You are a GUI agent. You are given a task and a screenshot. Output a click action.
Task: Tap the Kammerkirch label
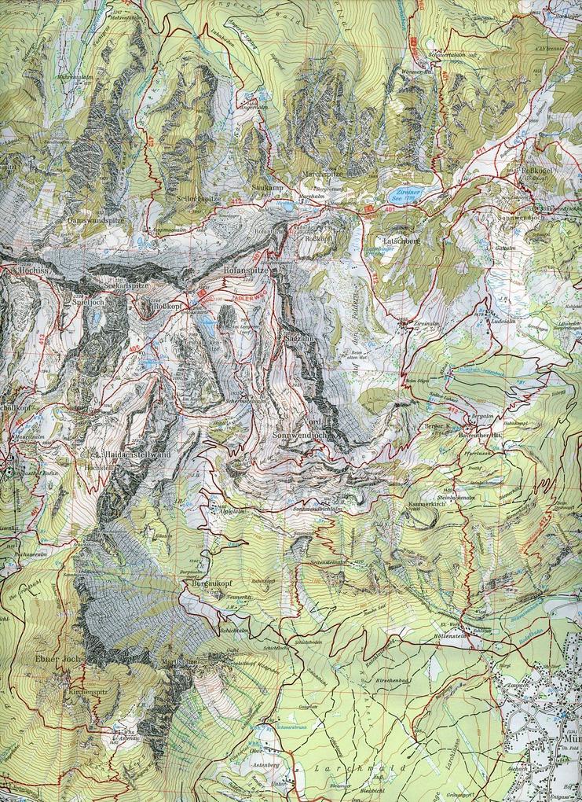click(428, 502)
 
